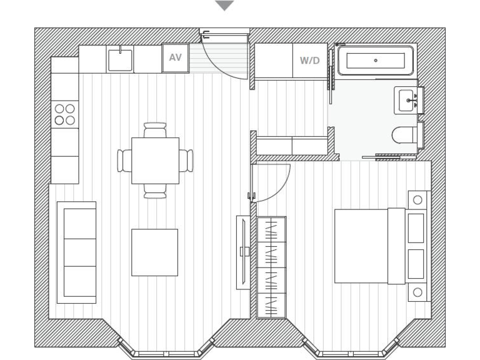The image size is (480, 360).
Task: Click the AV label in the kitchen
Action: (175, 58)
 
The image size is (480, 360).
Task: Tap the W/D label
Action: (309, 61)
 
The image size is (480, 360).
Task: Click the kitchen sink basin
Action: (120, 61)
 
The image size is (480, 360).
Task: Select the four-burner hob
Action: (64, 114)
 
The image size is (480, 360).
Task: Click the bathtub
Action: (375, 61)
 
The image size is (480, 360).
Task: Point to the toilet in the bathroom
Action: (405, 135)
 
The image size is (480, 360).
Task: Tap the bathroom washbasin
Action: (407, 100)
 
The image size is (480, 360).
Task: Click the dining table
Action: (155, 161)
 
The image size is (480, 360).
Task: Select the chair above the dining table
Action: (155, 130)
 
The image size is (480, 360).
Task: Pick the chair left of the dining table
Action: (124, 161)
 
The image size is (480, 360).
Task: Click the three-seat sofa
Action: (77, 252)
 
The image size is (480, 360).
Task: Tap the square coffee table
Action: (154, 252)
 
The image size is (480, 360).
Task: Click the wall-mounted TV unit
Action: (242, 252)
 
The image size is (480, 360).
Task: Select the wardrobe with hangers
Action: (271, 267)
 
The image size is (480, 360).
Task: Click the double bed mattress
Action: (361, 246)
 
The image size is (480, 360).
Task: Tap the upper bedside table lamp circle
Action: (417, 200)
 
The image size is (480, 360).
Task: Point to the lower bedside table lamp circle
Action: (417, 292)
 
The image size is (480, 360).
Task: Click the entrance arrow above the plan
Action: (224, 6)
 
